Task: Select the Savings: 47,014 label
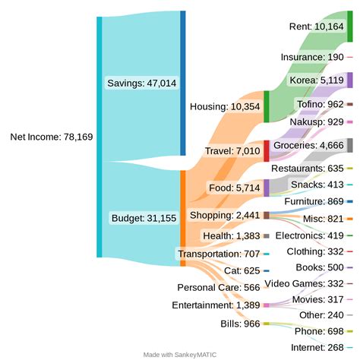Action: point(142,83)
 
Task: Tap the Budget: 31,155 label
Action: point(144,218)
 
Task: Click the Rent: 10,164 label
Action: point(317,27)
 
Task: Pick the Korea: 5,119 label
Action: point(317,80)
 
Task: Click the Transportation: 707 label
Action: point(218,253)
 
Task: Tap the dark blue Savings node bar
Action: point(182,83)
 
